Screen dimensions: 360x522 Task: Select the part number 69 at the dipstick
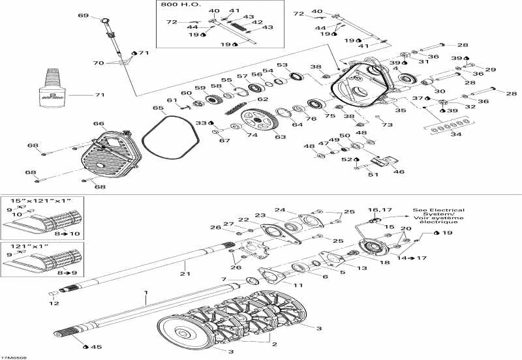point(83,15)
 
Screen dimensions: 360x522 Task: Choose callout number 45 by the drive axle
point(97,346)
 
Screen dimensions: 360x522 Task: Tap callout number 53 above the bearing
point(282,65)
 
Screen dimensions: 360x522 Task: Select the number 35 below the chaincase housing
point(400,110)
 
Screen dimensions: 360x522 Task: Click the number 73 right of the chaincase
point(388,125)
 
